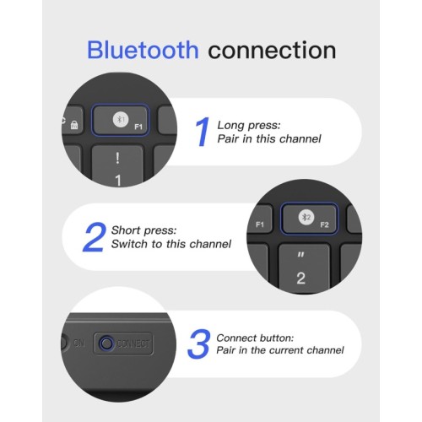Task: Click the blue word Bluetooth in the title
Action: [143, 50]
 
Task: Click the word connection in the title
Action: [272, 50]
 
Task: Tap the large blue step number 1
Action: [203, 132]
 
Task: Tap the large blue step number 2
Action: [95, 237]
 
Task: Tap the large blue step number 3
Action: [199, 344]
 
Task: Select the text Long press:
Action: [249, 125]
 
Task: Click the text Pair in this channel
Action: [269, 138]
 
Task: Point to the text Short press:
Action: [143, 230]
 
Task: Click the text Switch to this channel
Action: [171, 244]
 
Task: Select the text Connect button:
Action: [255, 338]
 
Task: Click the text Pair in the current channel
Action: [280, 350]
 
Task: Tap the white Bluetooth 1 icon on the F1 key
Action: [121, 120]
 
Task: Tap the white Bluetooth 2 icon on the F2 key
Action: [306, 218]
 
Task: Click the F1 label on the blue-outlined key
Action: [138, 127]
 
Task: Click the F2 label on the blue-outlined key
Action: [324, 225]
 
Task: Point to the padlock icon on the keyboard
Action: [74, 125]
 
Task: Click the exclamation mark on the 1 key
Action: [117, 158]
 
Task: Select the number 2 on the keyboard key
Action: [300, 279]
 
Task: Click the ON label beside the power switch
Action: [78, 343]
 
